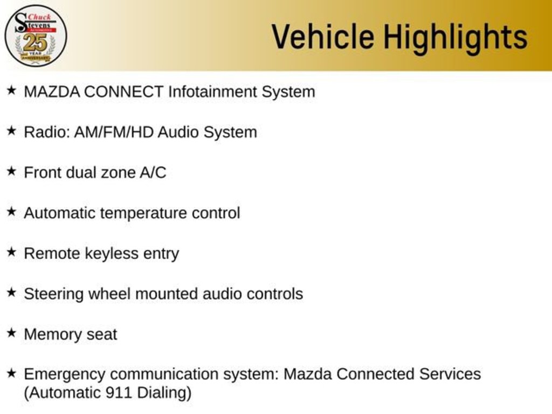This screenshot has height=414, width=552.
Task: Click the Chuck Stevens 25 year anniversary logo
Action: pyautogui.click(x=36, y=36)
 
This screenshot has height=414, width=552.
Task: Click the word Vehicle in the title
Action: pyautogui.click(x=323, y=37)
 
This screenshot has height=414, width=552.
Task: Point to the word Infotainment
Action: pyautogui.click(x=212, y=92)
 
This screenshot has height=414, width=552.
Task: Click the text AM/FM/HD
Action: pyautogui.click(x=114, y=133)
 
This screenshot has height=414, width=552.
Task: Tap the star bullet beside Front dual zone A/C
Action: pyautogui.click(x=11, y=171)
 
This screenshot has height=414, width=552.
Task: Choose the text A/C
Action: pyautogui.click(x=153, y=173)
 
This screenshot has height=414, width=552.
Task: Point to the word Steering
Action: pyautogui.click(x=53, y=294)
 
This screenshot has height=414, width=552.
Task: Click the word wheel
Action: pyautogui.click(x=109, y=294)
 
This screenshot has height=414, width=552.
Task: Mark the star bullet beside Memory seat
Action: pyautogui.click(x=11, y=333)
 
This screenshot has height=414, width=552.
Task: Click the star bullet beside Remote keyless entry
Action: pyautogui.click(x=11, y=252)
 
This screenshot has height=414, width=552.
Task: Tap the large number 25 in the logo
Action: pyautogui.click(x=35, y=43)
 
